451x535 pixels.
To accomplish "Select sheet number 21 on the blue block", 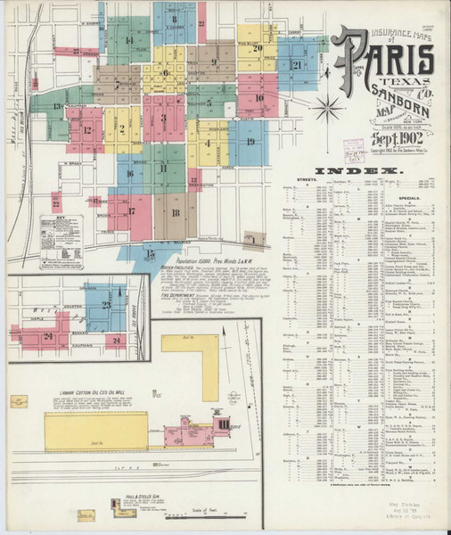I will (x=297, y=64).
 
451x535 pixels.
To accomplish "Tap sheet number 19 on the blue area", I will (x=250, y=141).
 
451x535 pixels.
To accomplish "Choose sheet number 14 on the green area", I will (x=128, y=40).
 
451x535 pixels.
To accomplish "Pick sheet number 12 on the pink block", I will (x=86, y=129).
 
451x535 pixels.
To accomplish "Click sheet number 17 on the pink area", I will (x=133, y=211).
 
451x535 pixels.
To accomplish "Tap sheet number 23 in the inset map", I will (x=105, y=306).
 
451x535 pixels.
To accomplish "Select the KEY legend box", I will (x=61, y=229).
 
